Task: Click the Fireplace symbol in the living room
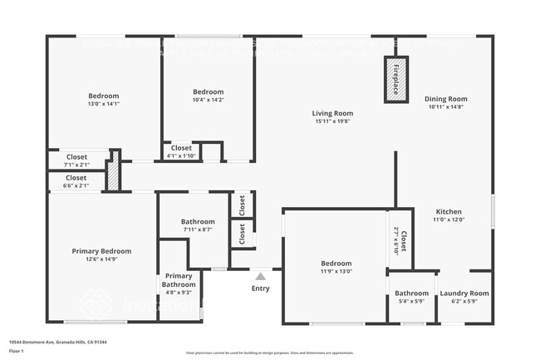click(x=396, y=79)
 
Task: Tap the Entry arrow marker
click(x=260, y=277)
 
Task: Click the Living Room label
click(x=332, y=113)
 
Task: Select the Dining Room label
click(x=447, y=99)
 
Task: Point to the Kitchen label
click(x=449, y=211)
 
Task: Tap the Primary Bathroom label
click(x=179, y=280)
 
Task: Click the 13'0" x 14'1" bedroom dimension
click(x=104, y=104)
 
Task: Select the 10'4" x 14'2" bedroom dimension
click(x=208, y=100)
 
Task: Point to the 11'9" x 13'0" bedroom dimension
click(x=336, y=271)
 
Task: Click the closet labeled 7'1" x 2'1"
click(x=76, y=164)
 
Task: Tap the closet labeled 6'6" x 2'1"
click(x=76, y=185)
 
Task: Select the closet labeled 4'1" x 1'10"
click(x=181, y=155)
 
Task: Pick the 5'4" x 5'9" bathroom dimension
click(x=411, y=301)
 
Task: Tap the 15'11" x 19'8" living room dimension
click(x=332, y=121)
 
